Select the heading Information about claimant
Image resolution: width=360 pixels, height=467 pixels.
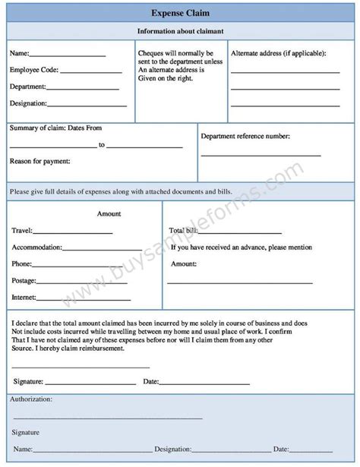pos(180,31)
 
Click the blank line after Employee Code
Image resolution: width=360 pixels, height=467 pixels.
pos(90,72)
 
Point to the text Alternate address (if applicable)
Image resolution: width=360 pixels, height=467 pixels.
pos(279,54)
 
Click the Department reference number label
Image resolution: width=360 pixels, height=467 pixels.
pos(245,136)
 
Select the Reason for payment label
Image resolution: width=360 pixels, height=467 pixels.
pos(39,161)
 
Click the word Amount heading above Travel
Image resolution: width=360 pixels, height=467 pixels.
pos(109,214)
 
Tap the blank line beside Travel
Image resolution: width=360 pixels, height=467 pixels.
pos(73,232)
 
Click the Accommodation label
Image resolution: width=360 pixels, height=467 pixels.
pos(37,247)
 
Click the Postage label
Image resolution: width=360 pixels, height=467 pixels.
pos(24,281)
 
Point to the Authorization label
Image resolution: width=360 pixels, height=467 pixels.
pos(30,399)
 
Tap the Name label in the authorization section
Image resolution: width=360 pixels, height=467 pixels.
pos(23,450)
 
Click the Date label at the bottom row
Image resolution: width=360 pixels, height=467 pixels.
pos(282,450)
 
